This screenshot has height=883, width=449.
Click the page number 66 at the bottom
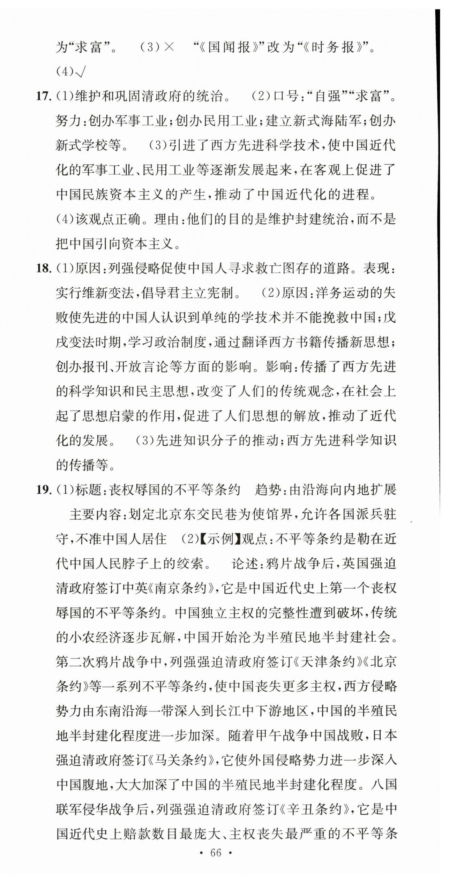(216, 853)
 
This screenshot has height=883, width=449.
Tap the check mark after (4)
(80, 72)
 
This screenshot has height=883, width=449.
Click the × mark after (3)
(169, 47)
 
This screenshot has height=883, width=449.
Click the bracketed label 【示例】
(220, 539)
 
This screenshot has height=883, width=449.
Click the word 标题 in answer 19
(88, 490)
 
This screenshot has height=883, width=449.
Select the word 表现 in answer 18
(376, 269)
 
